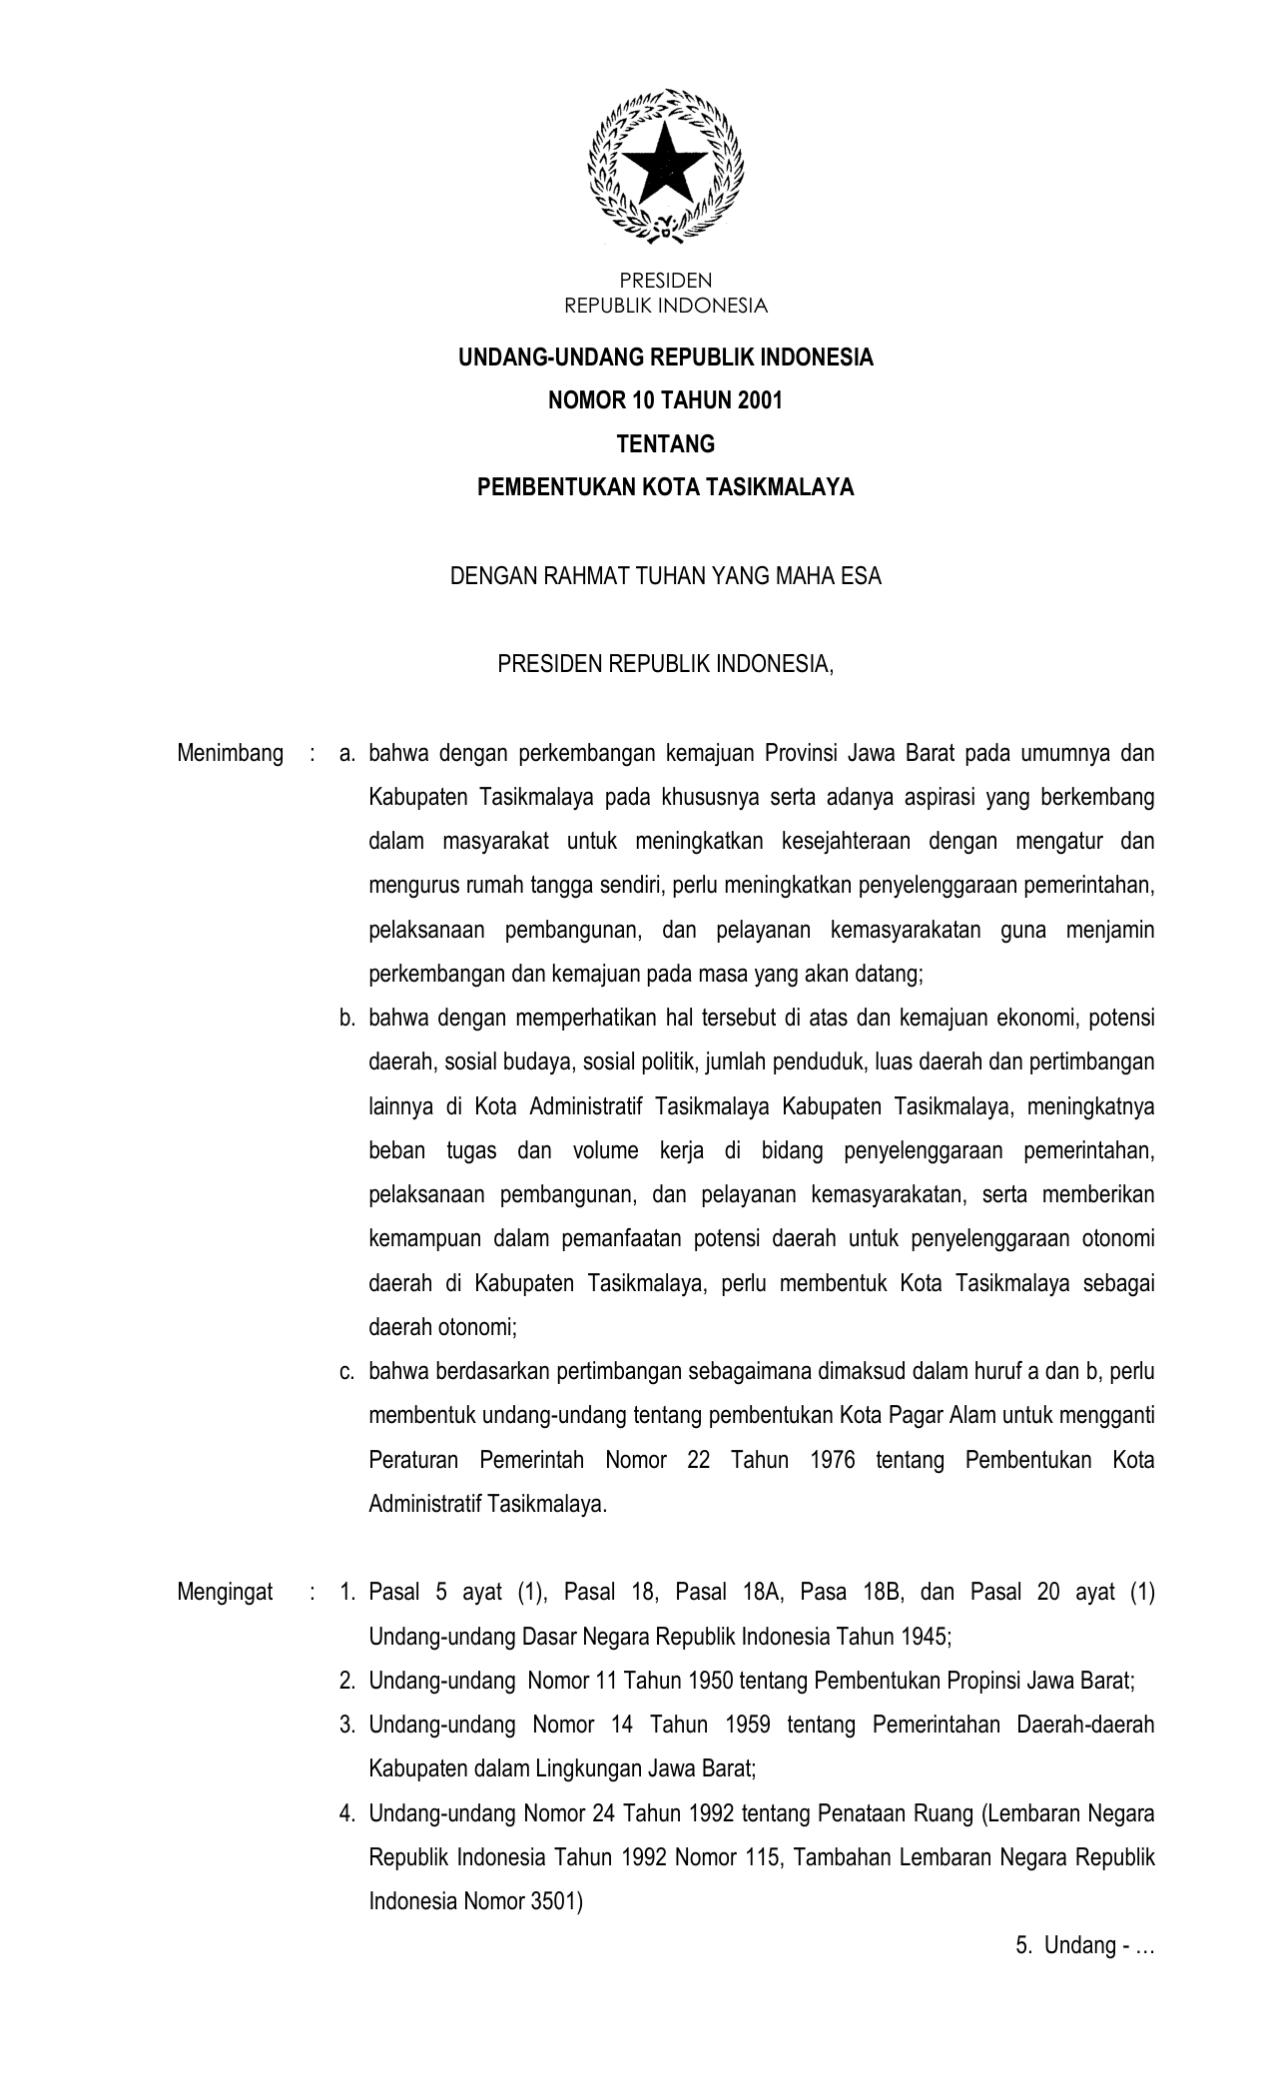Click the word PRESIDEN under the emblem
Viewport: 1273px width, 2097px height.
coord(665,282)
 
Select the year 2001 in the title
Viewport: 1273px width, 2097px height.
coord(761,400)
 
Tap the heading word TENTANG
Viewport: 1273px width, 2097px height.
coord(665,443)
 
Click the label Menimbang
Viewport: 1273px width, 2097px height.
coord(230,753)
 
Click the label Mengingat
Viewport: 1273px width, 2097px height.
coord(226,1592)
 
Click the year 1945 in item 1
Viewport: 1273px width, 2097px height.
coord(924,1637)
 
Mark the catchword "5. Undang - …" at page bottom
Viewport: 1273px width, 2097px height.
coord(1084,1945)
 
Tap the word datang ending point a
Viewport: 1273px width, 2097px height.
coord(893,974)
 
